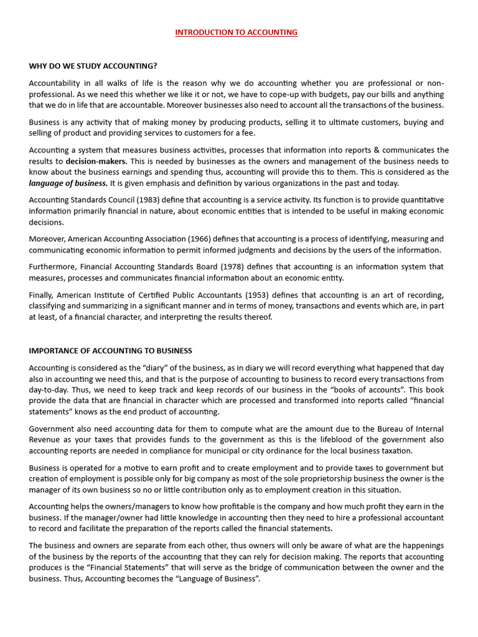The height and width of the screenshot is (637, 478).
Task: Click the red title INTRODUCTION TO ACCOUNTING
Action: click(236, 32)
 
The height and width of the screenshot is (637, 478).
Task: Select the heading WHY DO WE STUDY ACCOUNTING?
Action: click(93, 65)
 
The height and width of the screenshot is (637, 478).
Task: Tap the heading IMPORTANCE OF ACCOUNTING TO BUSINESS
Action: click(110, 351)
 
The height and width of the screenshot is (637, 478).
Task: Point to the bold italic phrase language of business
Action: click(68, 183)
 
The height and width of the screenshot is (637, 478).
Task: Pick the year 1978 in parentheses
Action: click(225, 267)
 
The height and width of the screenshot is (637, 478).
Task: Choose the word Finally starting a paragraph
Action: click(41, 295)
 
